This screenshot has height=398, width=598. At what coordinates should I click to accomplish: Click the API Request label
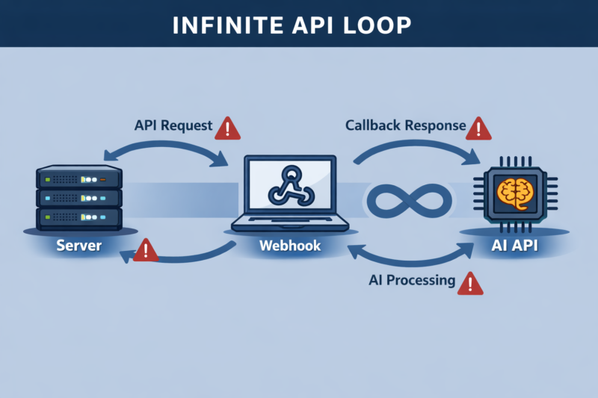(x=173, y=126)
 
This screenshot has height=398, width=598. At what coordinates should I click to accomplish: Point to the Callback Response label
(x=405, y=125)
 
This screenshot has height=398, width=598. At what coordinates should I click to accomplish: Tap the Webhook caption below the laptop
(x=290, y=246)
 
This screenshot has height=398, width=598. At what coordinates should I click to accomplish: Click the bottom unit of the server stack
(x=78, y=218)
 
